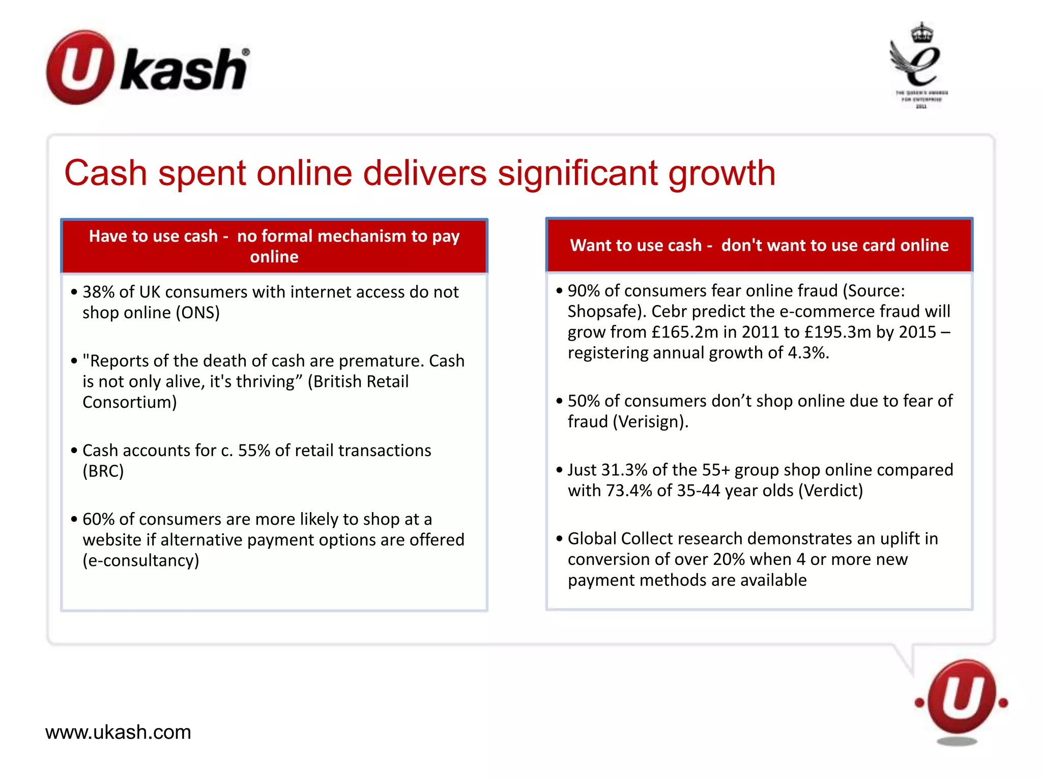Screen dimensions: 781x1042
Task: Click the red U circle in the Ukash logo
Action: pos(78,67)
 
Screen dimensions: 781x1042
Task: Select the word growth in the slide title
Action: pos(721,173)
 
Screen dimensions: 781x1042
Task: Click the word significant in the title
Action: pos(577,173)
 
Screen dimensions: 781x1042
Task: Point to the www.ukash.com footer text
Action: pos(118,732)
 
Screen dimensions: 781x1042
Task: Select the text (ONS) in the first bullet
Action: pos(197,313)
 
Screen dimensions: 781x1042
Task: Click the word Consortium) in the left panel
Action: pos(130,402)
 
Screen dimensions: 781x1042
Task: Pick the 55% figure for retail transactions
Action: pos(254,450)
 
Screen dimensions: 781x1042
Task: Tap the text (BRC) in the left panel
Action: pos(103,471)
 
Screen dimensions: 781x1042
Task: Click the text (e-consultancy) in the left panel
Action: pos(141,561)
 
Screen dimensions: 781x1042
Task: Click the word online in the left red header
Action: pos(274,257)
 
